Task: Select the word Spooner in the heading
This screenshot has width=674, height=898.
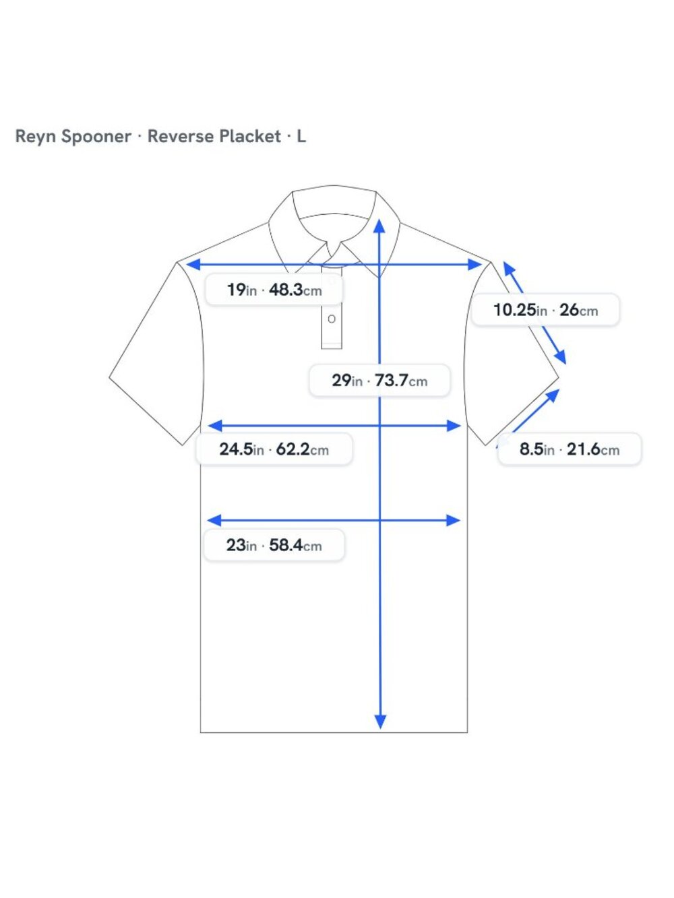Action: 96,136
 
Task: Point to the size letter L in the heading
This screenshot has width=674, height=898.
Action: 301,136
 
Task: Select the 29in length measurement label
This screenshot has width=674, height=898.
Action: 379,381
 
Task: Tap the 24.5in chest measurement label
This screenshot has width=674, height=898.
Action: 274,449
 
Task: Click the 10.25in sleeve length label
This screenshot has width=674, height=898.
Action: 545,310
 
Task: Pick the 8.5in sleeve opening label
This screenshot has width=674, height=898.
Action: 570,449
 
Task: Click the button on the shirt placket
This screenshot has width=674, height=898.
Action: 332,319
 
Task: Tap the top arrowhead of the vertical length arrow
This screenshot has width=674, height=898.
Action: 379,226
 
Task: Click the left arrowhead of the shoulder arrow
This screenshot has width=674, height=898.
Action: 193,264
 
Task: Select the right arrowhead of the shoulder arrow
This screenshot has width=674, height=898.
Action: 474,264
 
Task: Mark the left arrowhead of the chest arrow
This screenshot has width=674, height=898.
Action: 215,426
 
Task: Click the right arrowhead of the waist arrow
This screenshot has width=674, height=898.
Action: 454,520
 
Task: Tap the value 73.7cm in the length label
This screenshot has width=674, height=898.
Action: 401,381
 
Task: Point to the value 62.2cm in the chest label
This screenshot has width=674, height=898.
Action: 302,449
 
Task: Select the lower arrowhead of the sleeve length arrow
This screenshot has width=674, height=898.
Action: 561,358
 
